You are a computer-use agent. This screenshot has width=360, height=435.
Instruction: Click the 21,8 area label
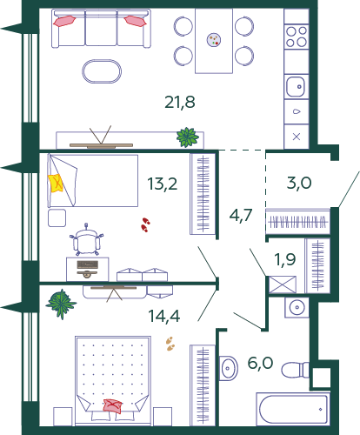(x=180, y=103)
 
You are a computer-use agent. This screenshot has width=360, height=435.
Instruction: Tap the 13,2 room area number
(x=162, y=184)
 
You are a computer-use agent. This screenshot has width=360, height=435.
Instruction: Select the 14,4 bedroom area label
(x=163, y=316)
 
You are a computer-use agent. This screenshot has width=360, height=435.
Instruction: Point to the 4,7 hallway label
(x=241, y=215)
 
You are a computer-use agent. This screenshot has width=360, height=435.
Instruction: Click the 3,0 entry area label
(x=299, y=183)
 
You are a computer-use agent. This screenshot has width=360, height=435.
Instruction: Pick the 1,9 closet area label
(x=285, y=259)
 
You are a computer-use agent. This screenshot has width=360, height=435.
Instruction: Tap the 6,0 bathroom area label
(x=260, y=363)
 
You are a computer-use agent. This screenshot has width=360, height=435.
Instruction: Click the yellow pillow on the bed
(x=56, y=183)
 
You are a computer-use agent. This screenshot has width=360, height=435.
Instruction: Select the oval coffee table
(x=102, y=71)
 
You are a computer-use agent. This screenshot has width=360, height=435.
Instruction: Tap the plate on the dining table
(x=214, y=40)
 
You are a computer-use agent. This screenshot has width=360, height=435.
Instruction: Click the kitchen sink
(x=296, y=86)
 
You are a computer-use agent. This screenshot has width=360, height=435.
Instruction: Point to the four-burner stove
(x=297, y=37)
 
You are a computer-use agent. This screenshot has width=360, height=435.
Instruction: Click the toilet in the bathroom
(x=295, y=370)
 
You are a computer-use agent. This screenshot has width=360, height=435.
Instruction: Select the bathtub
(x=293, y=409)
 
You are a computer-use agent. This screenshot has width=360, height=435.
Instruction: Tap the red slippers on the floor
(x=145, y=225)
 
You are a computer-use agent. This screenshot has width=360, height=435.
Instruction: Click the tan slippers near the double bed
(x=170, y=344)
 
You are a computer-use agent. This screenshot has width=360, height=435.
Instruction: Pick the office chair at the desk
(x=86, y=239)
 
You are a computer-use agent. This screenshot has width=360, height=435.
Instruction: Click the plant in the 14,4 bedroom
(x=61, y=304)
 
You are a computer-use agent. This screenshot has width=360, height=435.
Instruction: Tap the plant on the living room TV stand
(x=188, y=137)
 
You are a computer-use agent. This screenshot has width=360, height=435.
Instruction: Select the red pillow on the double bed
(x=113, y=406)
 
